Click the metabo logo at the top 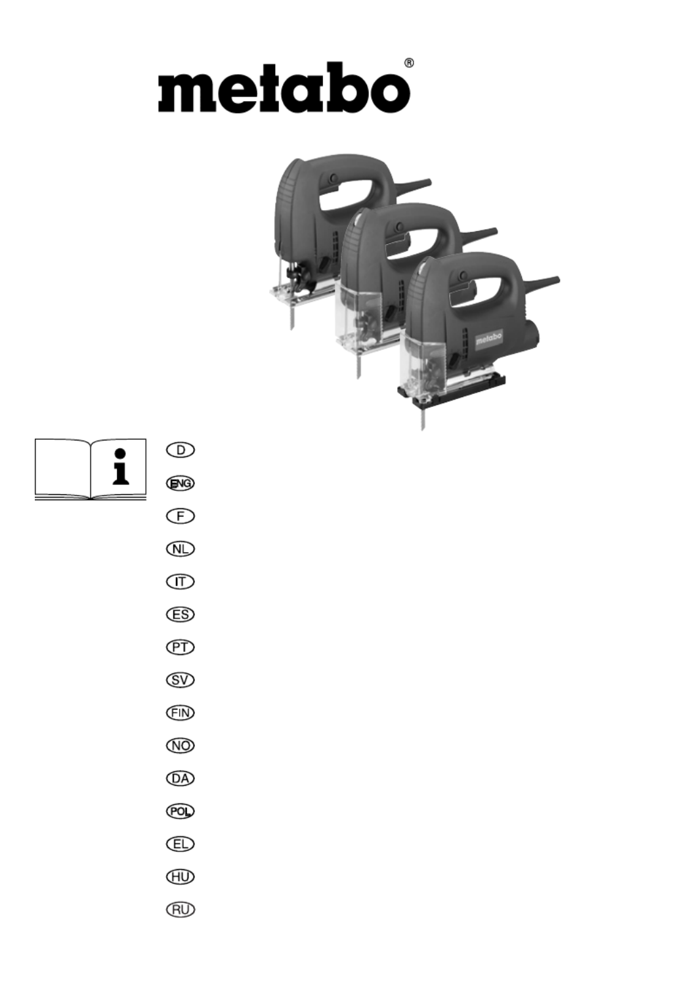(284, 87)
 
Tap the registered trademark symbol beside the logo (408, 63)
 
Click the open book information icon (91, 469)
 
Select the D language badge (180, 450)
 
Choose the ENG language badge (180, 483)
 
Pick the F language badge (180, 516)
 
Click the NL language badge (180, 549)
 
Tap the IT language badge (180, 582)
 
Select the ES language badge (180, 614)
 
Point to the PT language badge (180, 647)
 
